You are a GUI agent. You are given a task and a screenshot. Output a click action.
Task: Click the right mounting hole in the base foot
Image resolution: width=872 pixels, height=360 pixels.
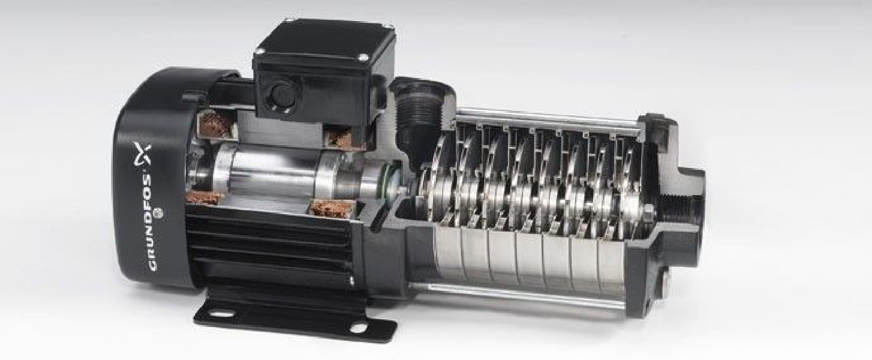click(x=358, y=328)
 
